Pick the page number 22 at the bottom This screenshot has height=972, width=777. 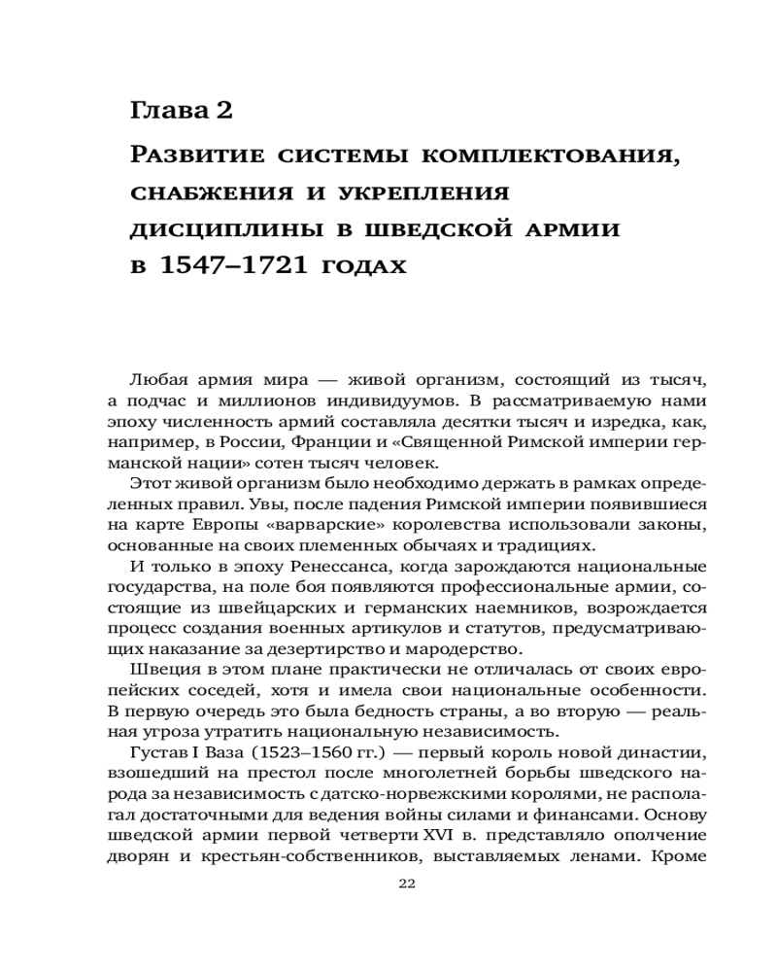coord(407,884)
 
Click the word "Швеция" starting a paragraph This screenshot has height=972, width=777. coord(157,671)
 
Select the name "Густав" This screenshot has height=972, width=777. coord(159,755)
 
